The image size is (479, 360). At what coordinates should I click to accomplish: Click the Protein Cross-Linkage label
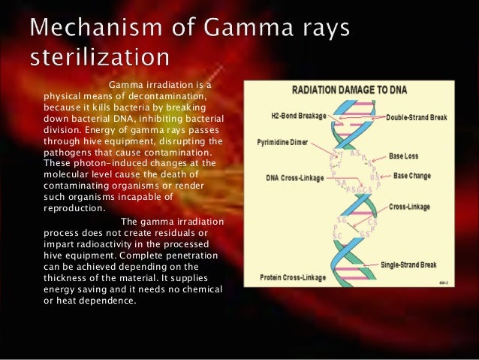click(294, 277)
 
